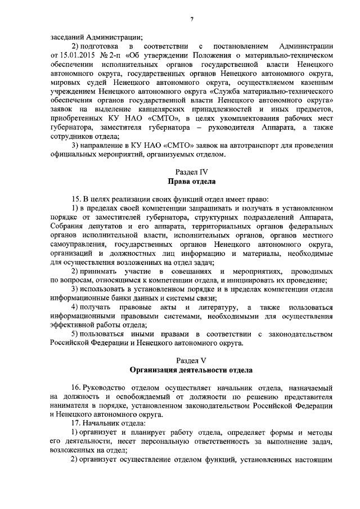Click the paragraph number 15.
point(78,199)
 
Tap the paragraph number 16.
point(78,388)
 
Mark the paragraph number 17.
point(78,422)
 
